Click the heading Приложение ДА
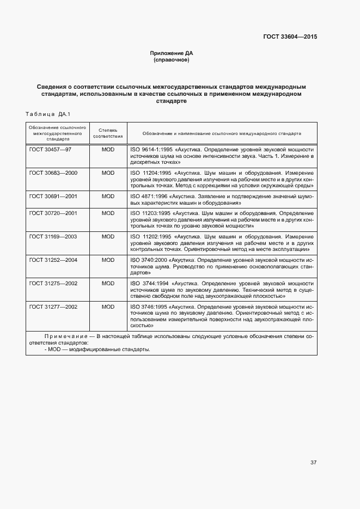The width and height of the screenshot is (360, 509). tap(172, 53)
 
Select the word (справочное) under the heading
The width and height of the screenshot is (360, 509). tap(172, 60)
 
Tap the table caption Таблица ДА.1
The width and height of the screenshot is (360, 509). tap(48, 114)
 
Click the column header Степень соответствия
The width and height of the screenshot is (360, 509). tap(108, 133)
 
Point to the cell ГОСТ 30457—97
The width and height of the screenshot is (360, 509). tap(50, 149)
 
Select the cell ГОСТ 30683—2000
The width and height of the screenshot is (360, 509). tap(53, 173)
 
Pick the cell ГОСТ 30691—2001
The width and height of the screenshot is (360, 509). tap(53, 196)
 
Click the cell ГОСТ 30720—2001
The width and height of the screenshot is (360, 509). tap(53, 213)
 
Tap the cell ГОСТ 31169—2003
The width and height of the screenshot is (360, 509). tap(53, 237)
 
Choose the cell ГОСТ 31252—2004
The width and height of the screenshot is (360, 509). tap(53, 260)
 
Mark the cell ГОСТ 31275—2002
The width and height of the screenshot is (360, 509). tap(53, 284)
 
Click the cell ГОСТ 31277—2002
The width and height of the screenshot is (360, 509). tap(53, 307)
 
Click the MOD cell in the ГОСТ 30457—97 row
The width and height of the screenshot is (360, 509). tap(108, 149)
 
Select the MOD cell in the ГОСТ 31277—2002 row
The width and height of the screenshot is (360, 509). tap(108, 307)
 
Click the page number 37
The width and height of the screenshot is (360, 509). tap(313, 463)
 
